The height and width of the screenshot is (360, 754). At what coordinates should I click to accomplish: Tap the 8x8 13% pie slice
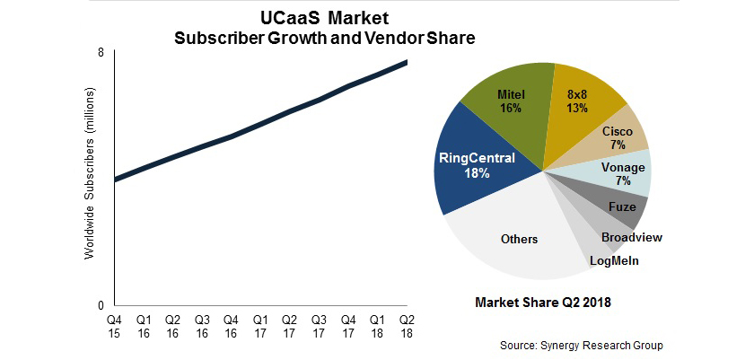tap(577, 101)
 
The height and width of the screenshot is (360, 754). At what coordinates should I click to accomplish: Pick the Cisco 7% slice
tap(617, 137)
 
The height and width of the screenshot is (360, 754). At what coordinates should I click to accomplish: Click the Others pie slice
tap(518, 239)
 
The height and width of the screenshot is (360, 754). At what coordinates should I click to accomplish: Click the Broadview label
tap(632, 237)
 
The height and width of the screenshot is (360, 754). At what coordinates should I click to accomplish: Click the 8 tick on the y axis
tap(101, 53)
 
